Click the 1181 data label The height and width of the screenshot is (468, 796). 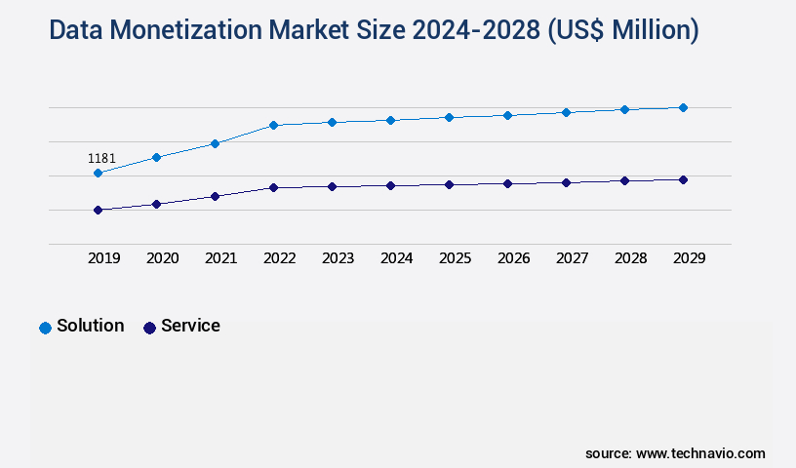[101, 158]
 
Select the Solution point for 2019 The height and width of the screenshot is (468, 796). [98, 173]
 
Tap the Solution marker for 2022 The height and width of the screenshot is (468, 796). [273, 125]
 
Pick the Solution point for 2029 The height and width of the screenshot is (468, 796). [683, 107]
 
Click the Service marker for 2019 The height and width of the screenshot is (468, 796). [98, 210]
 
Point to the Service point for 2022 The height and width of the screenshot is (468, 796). [273, 187]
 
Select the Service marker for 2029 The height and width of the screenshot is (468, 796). [683, 179]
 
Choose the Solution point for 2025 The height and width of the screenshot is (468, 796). [449, 117]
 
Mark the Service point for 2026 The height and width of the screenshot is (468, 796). [507, 183]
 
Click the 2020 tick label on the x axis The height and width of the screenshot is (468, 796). [162, 258]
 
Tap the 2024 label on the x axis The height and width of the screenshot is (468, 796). [396, 258]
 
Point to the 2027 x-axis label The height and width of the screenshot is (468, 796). [572, 258]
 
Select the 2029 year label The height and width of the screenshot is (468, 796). [689, 258]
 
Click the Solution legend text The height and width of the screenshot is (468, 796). [90, 326]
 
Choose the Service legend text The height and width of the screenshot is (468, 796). [190, 326]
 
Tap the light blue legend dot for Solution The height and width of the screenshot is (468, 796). [45, 328]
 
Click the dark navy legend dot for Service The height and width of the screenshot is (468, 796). [149, 328]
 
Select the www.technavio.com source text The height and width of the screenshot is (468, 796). [700, 453]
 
